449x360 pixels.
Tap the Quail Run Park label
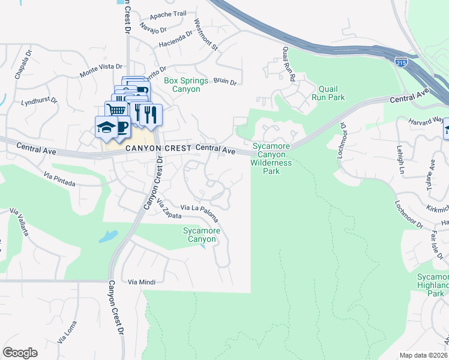pos(328,92)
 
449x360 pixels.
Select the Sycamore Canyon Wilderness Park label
pos(271,158)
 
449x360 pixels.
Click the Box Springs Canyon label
pos(185,85)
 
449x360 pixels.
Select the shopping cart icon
pos(117,110)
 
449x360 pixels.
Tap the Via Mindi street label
pos(142,281)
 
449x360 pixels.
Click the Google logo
pos(20,353)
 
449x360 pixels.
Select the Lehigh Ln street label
pos(401,161)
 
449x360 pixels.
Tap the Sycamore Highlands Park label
pos(432,285)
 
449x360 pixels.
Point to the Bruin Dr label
pos(225,81)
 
